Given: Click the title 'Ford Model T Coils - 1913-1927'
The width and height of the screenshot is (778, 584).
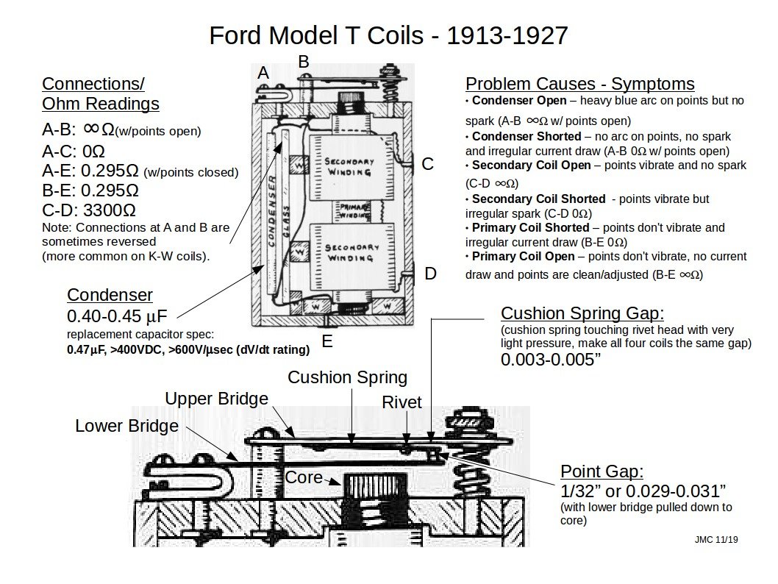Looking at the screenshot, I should pos(388,35).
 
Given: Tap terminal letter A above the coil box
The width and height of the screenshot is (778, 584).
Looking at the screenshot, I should pos(263,73).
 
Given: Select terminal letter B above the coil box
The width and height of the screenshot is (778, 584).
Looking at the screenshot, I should pos(303,62).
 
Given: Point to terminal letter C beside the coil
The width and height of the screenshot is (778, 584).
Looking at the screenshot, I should pos(427,164).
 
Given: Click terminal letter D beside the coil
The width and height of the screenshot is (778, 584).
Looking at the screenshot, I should pos(430,274).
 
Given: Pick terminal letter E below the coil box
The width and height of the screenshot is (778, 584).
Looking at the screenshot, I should pos(327,341).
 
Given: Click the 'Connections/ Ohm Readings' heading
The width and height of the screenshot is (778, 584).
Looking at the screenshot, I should pos(100,93).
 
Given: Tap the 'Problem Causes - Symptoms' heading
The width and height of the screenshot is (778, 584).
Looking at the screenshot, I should pos(579,84).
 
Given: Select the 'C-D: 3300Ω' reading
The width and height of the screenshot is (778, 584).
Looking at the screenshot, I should pos(83,210).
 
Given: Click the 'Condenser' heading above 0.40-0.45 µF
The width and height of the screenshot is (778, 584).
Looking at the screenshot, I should pos(110,295).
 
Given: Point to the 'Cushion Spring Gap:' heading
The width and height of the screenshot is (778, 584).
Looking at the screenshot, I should pos(582,313).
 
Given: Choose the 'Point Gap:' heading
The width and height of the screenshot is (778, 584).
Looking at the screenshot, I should pos(602,471).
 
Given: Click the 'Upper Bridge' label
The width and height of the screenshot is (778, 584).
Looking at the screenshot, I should pos(216,399).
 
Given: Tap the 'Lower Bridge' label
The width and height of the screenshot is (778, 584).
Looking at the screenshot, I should pos(126,426).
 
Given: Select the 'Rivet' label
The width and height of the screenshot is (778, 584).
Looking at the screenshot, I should pos(402,402).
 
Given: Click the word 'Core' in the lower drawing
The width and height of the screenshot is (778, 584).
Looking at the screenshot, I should pos(304,477).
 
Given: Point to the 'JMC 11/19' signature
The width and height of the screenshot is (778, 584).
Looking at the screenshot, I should pos(715,539).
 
